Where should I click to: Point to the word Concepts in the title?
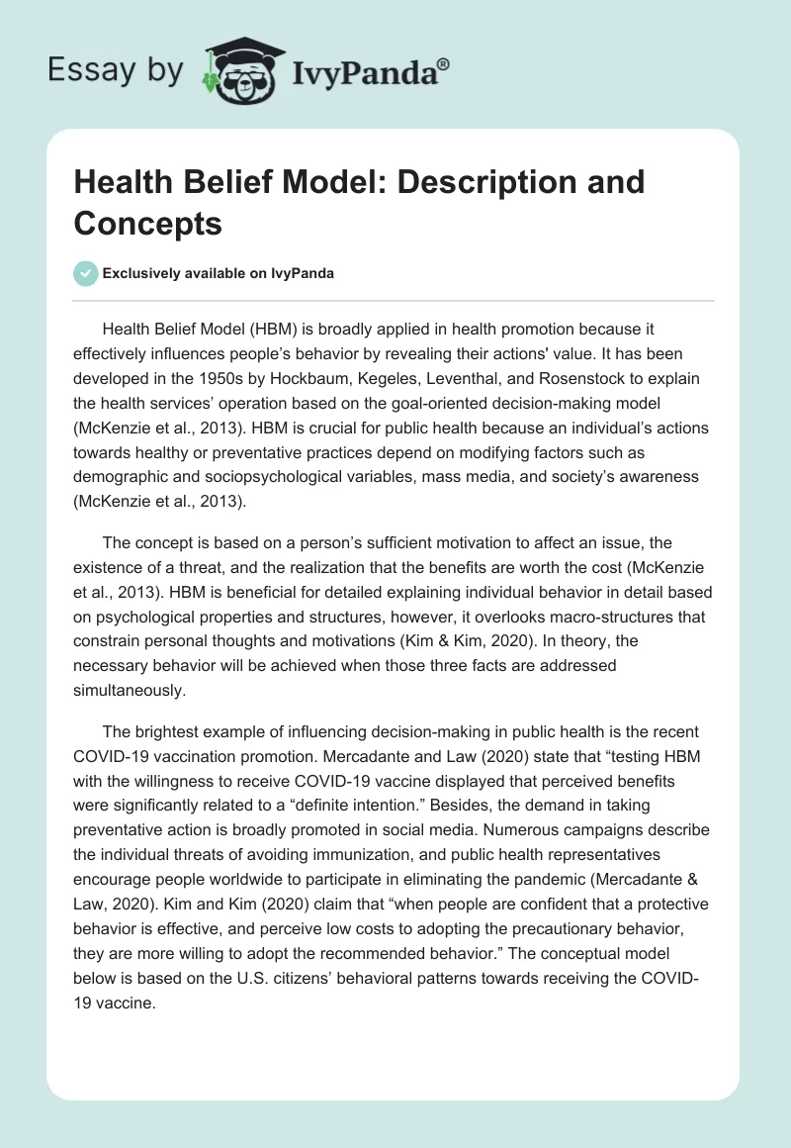point(147,224)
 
